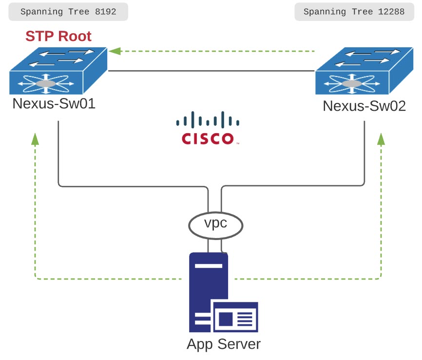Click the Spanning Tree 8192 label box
(x=68, y=12)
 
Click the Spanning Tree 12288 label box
(x=354, y=12)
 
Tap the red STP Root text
(x=58, y=37)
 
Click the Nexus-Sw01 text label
(x=54, y=104)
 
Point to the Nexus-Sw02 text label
(x=364, y=106)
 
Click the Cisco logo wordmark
(x=208, y=139)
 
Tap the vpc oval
(x=215, y=225)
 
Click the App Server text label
(x=224, y=344)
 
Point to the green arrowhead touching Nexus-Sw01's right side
(x=114, y=51)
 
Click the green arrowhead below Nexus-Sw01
(x=35, y=140)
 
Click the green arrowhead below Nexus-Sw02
(x=381, y=140)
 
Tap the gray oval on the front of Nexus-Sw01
(x=46, y=84)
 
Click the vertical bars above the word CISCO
(x=208, y=120)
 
